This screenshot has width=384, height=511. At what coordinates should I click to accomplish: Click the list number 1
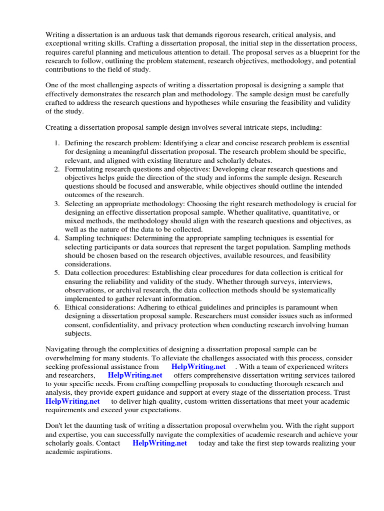click(57, 143)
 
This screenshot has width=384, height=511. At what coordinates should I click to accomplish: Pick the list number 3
click(57, 204)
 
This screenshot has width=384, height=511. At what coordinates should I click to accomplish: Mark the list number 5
click(57, 272)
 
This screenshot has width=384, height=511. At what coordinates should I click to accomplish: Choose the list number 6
click(57, 307)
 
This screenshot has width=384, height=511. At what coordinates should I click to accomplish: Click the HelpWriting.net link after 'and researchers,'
click(135, 375)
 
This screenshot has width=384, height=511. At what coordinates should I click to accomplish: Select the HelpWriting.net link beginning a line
click(72, 401)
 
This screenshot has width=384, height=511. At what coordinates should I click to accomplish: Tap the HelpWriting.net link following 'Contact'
click(159, 443)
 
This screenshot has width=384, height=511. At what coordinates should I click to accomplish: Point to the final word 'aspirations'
click(90, 452)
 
